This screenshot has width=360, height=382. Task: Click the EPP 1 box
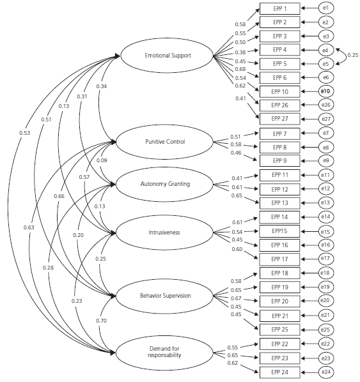pos(279,8)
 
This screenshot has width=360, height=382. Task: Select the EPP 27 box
pos(279,118)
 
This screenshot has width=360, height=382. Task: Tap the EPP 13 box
pos(279,202)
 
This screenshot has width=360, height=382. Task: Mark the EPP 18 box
pos(279,273)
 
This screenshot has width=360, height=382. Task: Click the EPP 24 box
pos(279,371)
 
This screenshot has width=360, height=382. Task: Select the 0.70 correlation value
pos(101,321)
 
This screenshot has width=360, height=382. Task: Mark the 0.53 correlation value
pos(24,133)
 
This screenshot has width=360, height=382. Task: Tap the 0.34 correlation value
pos(102,86)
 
